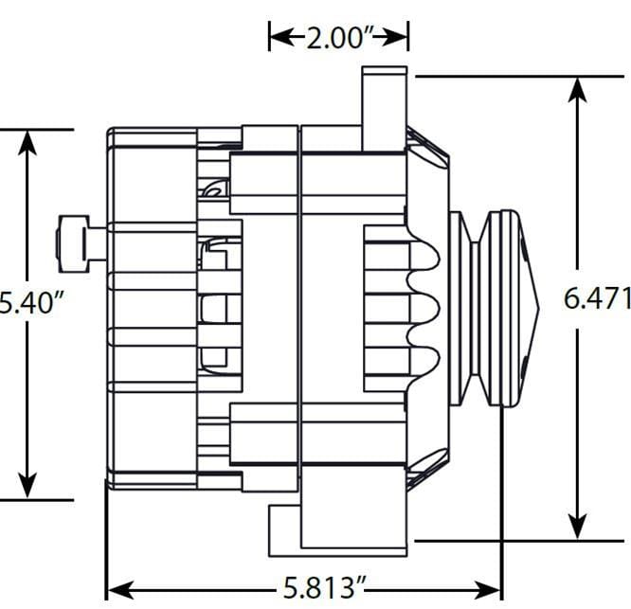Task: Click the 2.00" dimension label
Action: coord(338,38)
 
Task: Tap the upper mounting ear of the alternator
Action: coord(384,109)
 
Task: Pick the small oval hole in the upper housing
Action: coord(215,191)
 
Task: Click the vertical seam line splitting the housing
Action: coord(299,313)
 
